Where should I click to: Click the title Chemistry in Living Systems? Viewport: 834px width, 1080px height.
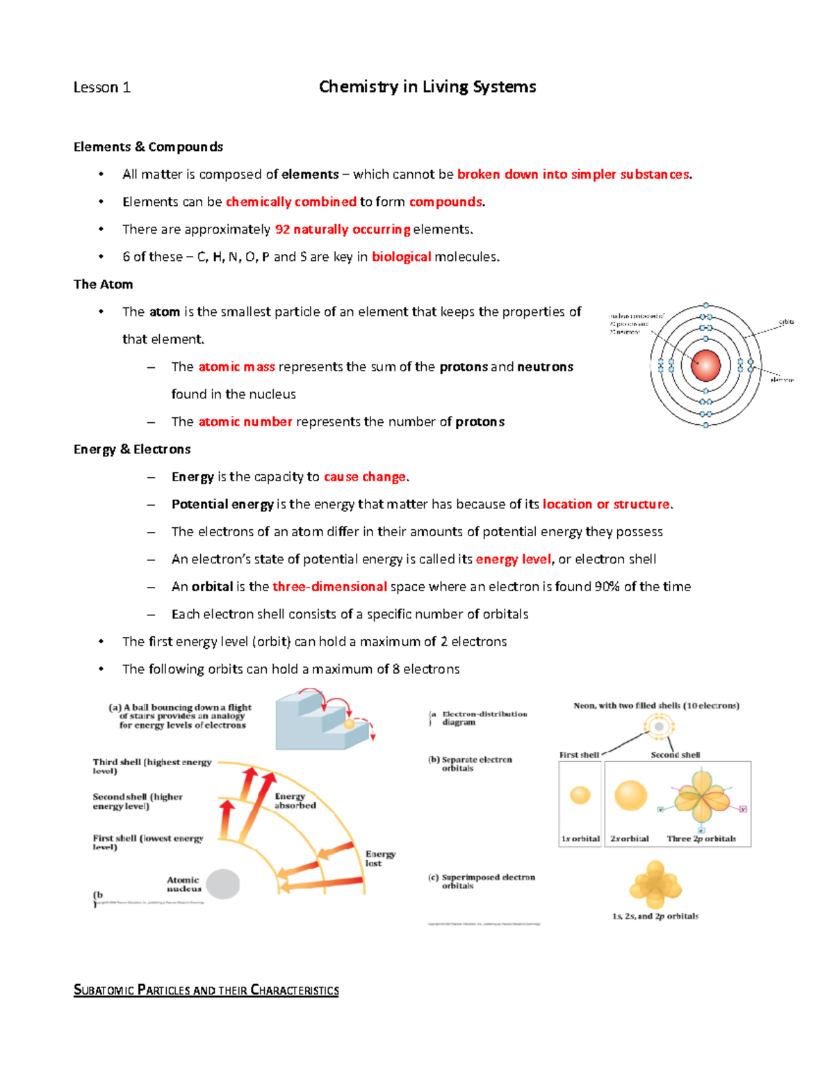427,87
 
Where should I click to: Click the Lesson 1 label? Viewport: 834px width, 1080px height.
101,88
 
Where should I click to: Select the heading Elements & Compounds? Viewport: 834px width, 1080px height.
148,147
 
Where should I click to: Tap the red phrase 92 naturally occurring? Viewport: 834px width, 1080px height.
343,229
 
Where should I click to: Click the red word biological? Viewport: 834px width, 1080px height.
401,257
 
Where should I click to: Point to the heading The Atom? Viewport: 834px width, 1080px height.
103,284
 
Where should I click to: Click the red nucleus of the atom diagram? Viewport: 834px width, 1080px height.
705,365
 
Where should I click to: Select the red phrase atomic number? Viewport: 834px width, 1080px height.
245,421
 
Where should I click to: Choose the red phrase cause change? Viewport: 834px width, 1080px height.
365,477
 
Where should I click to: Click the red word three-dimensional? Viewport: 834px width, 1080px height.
329,587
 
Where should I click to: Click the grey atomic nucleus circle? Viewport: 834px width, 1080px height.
222,885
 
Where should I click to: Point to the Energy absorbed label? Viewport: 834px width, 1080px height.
295,801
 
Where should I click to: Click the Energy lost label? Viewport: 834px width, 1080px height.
379,858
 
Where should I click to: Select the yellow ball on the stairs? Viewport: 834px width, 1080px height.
349,724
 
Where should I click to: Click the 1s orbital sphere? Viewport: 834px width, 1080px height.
580,795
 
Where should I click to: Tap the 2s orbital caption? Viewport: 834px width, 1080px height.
629,839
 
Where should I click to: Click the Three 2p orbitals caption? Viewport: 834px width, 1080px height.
701,839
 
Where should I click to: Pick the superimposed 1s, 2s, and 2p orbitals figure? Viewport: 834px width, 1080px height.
655,885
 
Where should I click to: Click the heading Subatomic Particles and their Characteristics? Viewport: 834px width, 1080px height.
206,990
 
